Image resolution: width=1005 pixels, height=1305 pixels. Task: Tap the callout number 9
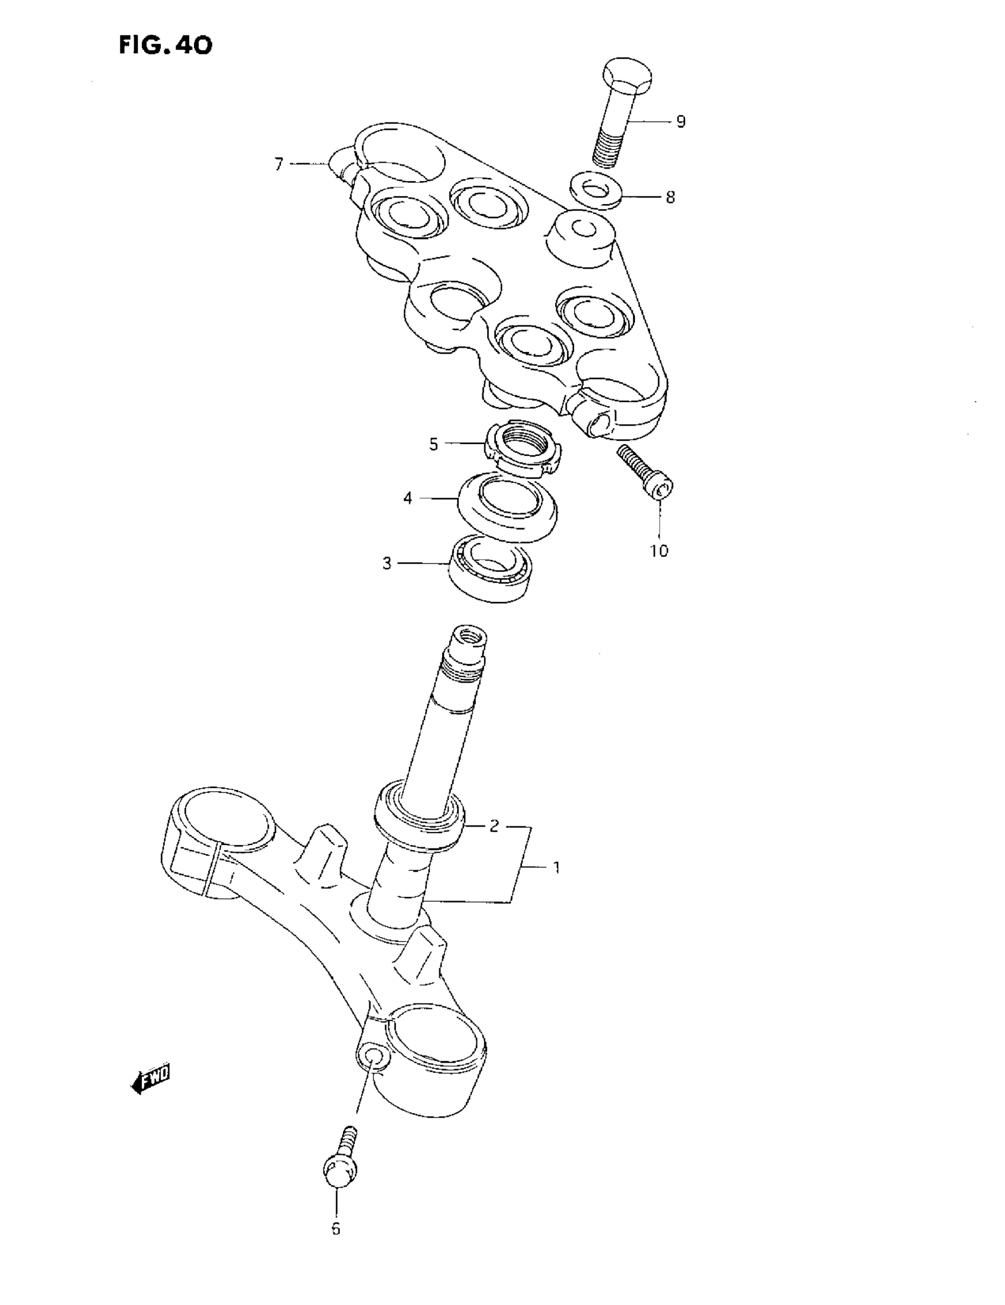(x=680, y=122)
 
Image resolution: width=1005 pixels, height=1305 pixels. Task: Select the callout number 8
(x=670, y=197)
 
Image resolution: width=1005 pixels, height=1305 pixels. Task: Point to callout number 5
(x=434, y=444)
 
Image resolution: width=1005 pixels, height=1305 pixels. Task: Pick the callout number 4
(x=407, y=498)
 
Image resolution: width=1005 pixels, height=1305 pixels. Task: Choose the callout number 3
(x=387, y=563)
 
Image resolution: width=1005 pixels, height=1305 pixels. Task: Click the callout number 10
(x=659, y=551)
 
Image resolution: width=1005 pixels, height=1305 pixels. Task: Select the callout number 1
(x=556, y=867)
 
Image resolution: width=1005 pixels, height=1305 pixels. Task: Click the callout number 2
(x=494, y=827)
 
